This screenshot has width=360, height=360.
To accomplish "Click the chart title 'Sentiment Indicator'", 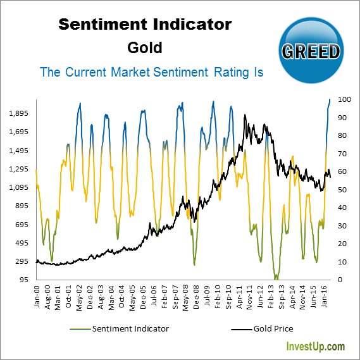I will click(145, 25).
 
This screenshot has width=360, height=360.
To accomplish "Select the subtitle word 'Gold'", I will click(145, 47).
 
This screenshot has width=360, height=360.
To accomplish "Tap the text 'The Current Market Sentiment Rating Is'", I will click(152, 72).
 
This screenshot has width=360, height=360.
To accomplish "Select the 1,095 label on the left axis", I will click(21, 188).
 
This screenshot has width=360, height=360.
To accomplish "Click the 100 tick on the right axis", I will click(344, 99).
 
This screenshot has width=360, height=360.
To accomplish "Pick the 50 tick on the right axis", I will click(342, 190).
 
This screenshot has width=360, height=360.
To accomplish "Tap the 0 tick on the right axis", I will click(340, 280).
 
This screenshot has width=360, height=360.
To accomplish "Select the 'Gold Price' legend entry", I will click(273, 329).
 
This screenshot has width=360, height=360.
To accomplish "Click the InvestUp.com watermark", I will click(316, 347).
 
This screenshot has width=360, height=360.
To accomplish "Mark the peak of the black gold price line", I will click(245, 116).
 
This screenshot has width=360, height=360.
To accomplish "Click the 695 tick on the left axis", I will click(23, 225).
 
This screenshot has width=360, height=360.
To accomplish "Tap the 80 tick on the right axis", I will click(342, 135).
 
